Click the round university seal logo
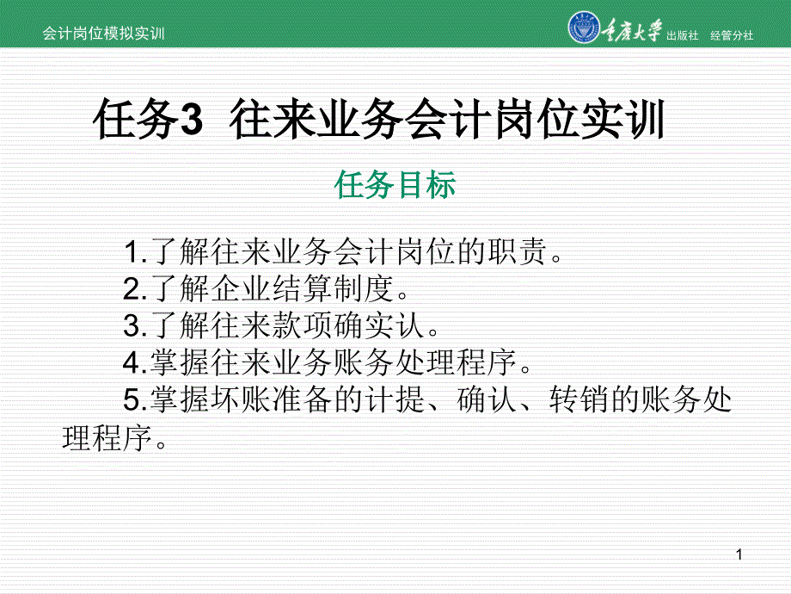tap(584, 27)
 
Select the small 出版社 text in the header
tap(682, 35)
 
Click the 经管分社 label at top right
tap(732, 35)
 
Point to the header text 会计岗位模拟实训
tap(103, 34)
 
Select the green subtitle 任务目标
tap(395, 184)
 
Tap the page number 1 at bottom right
tap(739, 554)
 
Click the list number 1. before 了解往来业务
tap(136, 251)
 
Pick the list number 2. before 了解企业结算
tap(136, 289)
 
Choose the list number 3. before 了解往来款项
tap(136, 325)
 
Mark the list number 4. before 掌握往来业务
tap(136, 362)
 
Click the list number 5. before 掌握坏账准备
tap(136, 400)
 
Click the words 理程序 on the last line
tap(107, 437)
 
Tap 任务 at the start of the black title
tap(136, 120)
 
